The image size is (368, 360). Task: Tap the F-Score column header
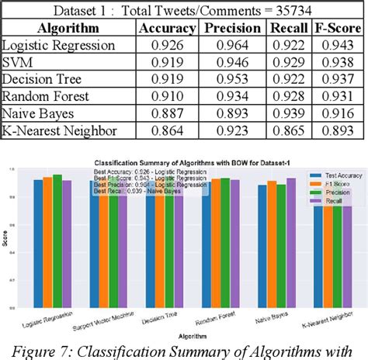click(338, 29)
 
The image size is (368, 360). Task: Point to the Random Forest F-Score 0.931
click(338, 96)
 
